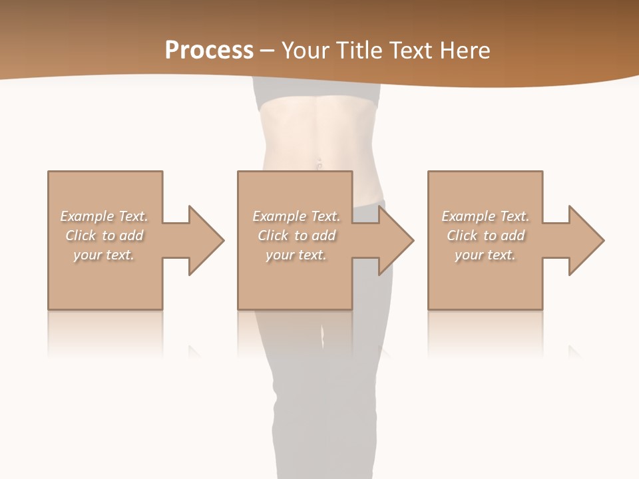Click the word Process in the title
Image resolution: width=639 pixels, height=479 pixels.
coord(209,51)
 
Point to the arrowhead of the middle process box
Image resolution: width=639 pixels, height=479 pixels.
coord(395,240)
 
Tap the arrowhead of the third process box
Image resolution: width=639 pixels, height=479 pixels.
coord(585,240)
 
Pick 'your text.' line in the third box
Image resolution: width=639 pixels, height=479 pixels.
coord(485,255)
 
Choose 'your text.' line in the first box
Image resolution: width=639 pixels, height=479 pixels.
coord(104,255)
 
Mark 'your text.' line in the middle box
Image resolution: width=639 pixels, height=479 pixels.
coord(296,255)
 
